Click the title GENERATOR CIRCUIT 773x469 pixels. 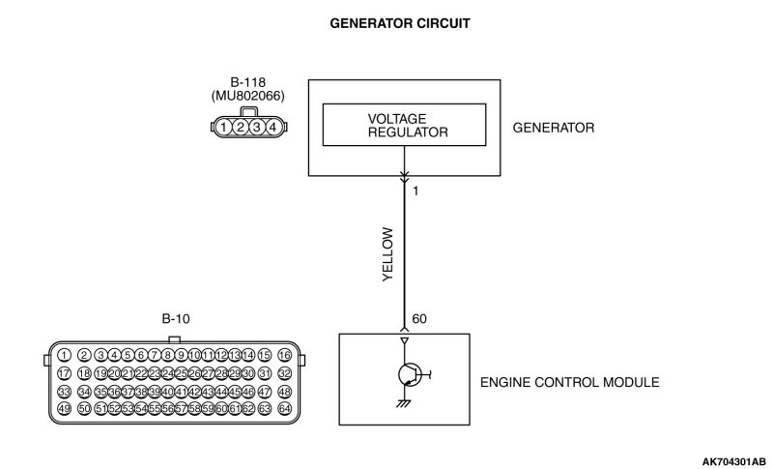coord(386,21)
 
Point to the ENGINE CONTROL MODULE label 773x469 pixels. coord(569,383)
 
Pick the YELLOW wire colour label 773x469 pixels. coord(388,254)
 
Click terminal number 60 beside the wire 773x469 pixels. coord(419,319)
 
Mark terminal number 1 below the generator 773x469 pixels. coord(415,191)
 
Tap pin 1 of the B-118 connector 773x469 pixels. coord(224,127)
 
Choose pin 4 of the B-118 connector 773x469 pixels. coord(274,127)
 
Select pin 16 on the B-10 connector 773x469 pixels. coord(284,355)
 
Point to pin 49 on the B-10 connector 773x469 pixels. coord(65,409)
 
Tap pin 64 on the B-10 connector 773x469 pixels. coord(284,409)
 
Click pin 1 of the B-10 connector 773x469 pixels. coord(65,355)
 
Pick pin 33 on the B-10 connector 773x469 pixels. coord(65,392)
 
